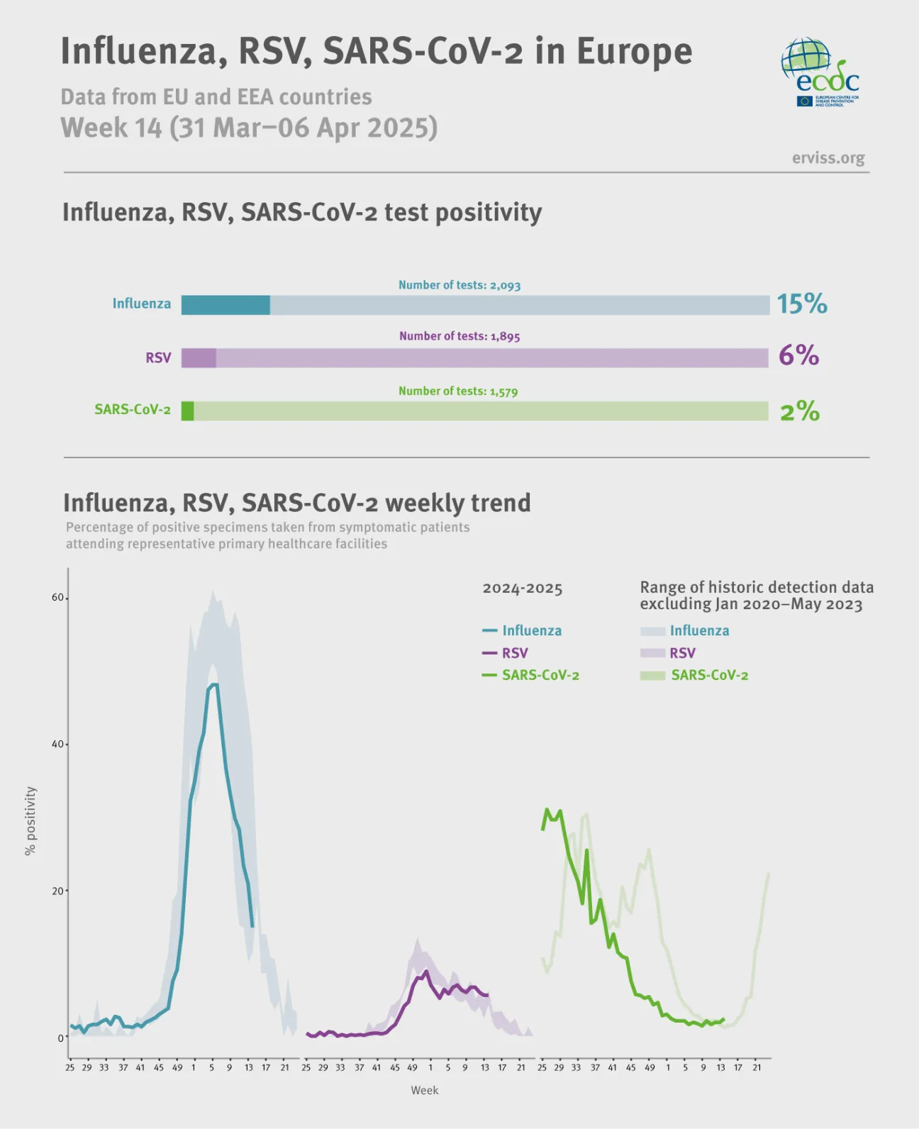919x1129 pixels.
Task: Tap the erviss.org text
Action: [x=828, y=157]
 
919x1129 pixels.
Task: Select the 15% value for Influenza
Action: [x=801, y=304]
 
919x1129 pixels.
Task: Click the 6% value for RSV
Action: [x=798, y=355]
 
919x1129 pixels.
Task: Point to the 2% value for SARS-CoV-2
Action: [x=799, y=411]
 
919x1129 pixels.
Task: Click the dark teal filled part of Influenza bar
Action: [x=225, y=305]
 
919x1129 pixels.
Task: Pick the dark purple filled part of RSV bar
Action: [x=199, y=357]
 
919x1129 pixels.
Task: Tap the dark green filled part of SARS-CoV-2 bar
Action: [x=187, y=411]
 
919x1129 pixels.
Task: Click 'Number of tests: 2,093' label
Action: [x=459, y=285]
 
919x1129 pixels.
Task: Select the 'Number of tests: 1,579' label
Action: [x=457, y=391]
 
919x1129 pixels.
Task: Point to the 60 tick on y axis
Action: [x=57, y=597]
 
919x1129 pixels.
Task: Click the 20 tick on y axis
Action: [x=57, y=891]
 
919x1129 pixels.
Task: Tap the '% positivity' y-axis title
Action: [x=30, y=821]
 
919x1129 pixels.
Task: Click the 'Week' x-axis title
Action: [x=424, y=1090]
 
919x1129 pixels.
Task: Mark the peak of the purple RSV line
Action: [x=425, y=972]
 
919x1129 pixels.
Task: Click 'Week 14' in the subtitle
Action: [x=111, y=128]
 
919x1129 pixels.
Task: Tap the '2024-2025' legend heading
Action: [x=522, y=589]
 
